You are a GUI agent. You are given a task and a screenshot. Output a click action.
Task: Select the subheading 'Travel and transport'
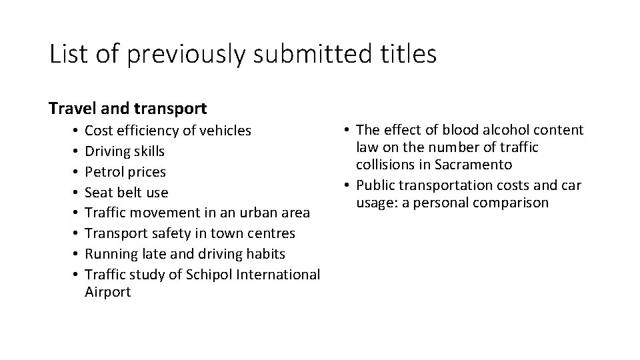click(128, 107)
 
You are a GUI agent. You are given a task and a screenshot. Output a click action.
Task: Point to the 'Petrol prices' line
click(126, 172)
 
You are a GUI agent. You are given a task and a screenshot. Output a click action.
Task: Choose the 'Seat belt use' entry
click(127, 193)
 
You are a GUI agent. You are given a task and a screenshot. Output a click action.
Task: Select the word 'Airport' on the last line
click(109, 292)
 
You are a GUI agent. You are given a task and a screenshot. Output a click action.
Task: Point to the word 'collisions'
click(387, 164)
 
